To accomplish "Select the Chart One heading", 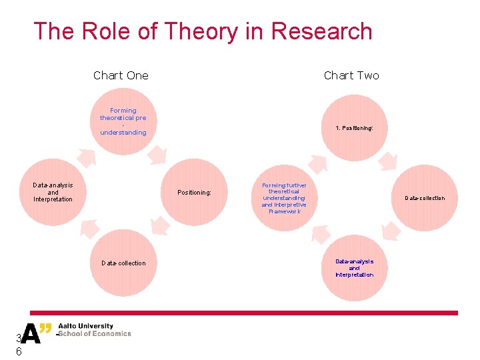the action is click(x=121, y=75).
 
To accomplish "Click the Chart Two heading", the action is click(x=351, y=75).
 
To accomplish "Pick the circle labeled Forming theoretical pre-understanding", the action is click(x=123, y=121).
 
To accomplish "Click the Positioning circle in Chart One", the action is click(x=194, y=193).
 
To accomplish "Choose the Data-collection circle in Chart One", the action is click(x=123, y=263).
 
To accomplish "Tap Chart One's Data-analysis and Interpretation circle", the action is click(x=53, y=192).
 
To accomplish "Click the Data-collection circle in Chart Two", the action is click(x=425, y=198).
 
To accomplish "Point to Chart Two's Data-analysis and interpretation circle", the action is click(x=354, y=268).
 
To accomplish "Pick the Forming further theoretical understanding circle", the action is click(x=284, y=198).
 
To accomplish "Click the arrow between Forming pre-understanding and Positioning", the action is click(x=157, y=155).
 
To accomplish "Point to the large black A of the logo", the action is click(x=31, y=333).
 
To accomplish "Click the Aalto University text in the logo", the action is click(x=85, y=327).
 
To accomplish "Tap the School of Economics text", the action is click(x=94, y=334).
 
